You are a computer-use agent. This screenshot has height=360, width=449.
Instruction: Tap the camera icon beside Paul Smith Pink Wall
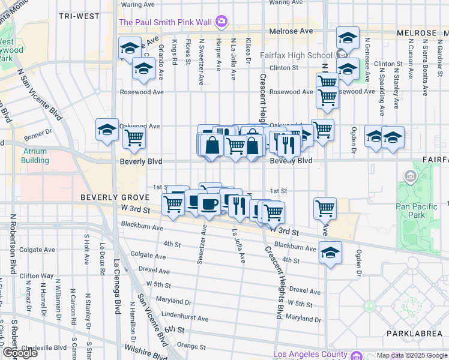tap(221, 22)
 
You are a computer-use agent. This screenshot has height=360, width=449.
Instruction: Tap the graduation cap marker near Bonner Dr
tap(107, 130)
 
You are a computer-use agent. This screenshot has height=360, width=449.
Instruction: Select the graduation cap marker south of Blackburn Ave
tap(330, 252)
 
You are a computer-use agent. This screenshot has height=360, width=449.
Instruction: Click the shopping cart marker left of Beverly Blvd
tap(134, 138)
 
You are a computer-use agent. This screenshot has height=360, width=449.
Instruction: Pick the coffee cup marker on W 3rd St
tap(209, 204)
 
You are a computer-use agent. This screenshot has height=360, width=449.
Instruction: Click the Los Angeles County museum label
tap(310, 355)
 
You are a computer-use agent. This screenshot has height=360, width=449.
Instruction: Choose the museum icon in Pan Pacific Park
tap(411, 176)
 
